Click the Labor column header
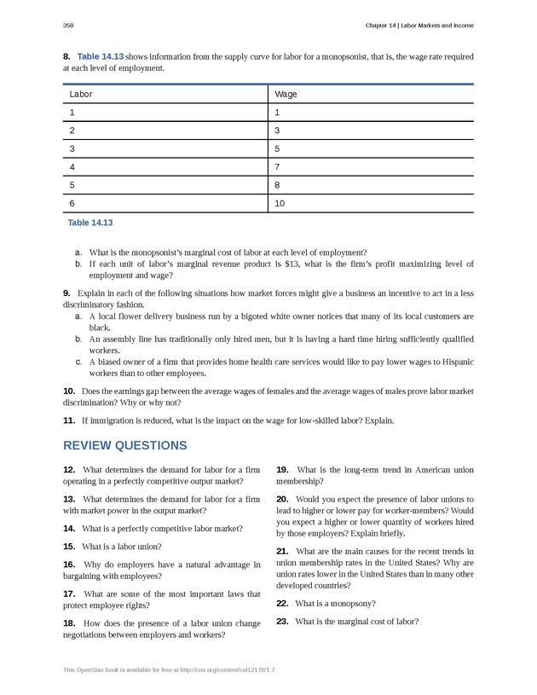(81, 94)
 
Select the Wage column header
(286, 94)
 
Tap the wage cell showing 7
(277, 167)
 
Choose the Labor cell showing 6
(72, 204)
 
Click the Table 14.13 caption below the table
(89, 223)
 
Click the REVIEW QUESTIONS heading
(124, 446)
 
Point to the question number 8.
(66, 56)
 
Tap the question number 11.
(69, 420)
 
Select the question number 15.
(69, 547)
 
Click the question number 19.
(282, 470)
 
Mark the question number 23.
(282, 622)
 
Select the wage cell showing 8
(277, 185)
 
